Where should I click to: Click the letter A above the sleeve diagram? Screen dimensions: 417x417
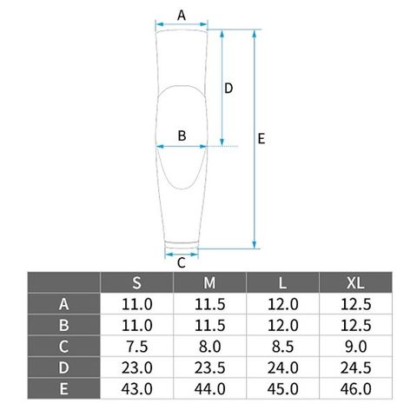click(x=182, y=15)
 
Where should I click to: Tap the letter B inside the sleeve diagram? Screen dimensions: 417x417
click(x=182, y=136)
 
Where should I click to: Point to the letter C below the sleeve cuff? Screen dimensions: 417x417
click(x=182, y=263)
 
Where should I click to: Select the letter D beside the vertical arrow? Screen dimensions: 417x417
click(x=228, y=89)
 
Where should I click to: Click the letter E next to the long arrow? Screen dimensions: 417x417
click(x=261, y=139)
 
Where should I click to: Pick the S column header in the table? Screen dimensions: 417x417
click(x=136, y=282)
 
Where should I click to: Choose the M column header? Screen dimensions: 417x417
click(x=209, y=282)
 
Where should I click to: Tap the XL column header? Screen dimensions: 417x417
click(x=355, y=282)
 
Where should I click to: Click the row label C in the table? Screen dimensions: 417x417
click(x=63, y=347)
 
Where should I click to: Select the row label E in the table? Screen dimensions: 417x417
click(x=63, y=388)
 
